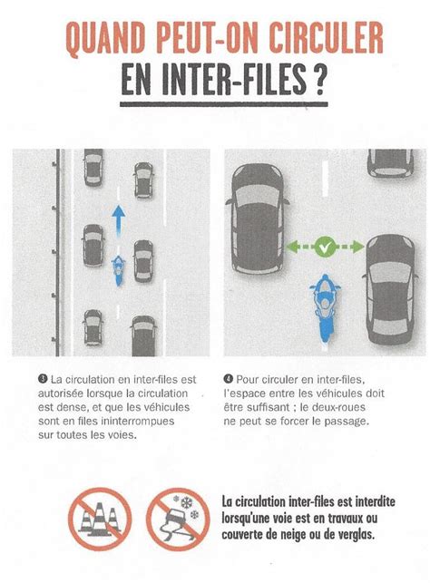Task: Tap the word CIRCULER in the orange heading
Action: tap(326, 37)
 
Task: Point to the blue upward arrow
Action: tap(118, 220)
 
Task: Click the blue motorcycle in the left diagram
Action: tap(118, 270)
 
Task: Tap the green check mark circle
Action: tap(325, 247)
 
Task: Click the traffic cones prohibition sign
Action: tap(100, 519)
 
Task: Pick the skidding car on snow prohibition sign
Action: tap(178, 519)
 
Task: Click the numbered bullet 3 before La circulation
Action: tap(43, 379)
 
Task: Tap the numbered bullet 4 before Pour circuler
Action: tap(228, 379)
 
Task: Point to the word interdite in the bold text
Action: tap(376, 501)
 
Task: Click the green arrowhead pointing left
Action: tap(293, 246)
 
